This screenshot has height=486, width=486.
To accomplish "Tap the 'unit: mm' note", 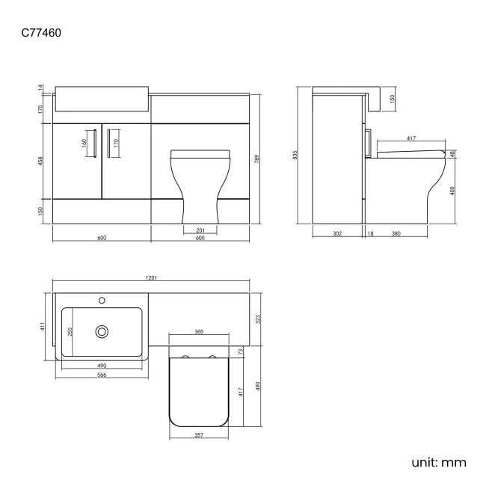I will [x=439, y=462].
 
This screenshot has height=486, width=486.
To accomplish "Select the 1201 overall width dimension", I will [x=152, y=278].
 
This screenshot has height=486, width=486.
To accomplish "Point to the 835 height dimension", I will [x=296, y=156].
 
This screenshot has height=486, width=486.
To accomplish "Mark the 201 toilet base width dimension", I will [x=200, y=230].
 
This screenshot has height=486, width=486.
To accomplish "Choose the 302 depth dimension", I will [x=337, y=234].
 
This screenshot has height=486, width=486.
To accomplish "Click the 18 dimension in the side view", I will [x=371, y=234].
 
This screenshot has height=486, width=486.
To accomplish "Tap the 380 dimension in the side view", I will [x=396, y=234].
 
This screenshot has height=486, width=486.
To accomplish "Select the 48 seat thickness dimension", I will [x=453, y=153].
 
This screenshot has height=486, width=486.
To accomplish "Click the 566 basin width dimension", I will [x=100, y=374].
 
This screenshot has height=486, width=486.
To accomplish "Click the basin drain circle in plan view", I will [x=102, y=330].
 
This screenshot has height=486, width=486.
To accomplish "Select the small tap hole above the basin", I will [x=102, y=301].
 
